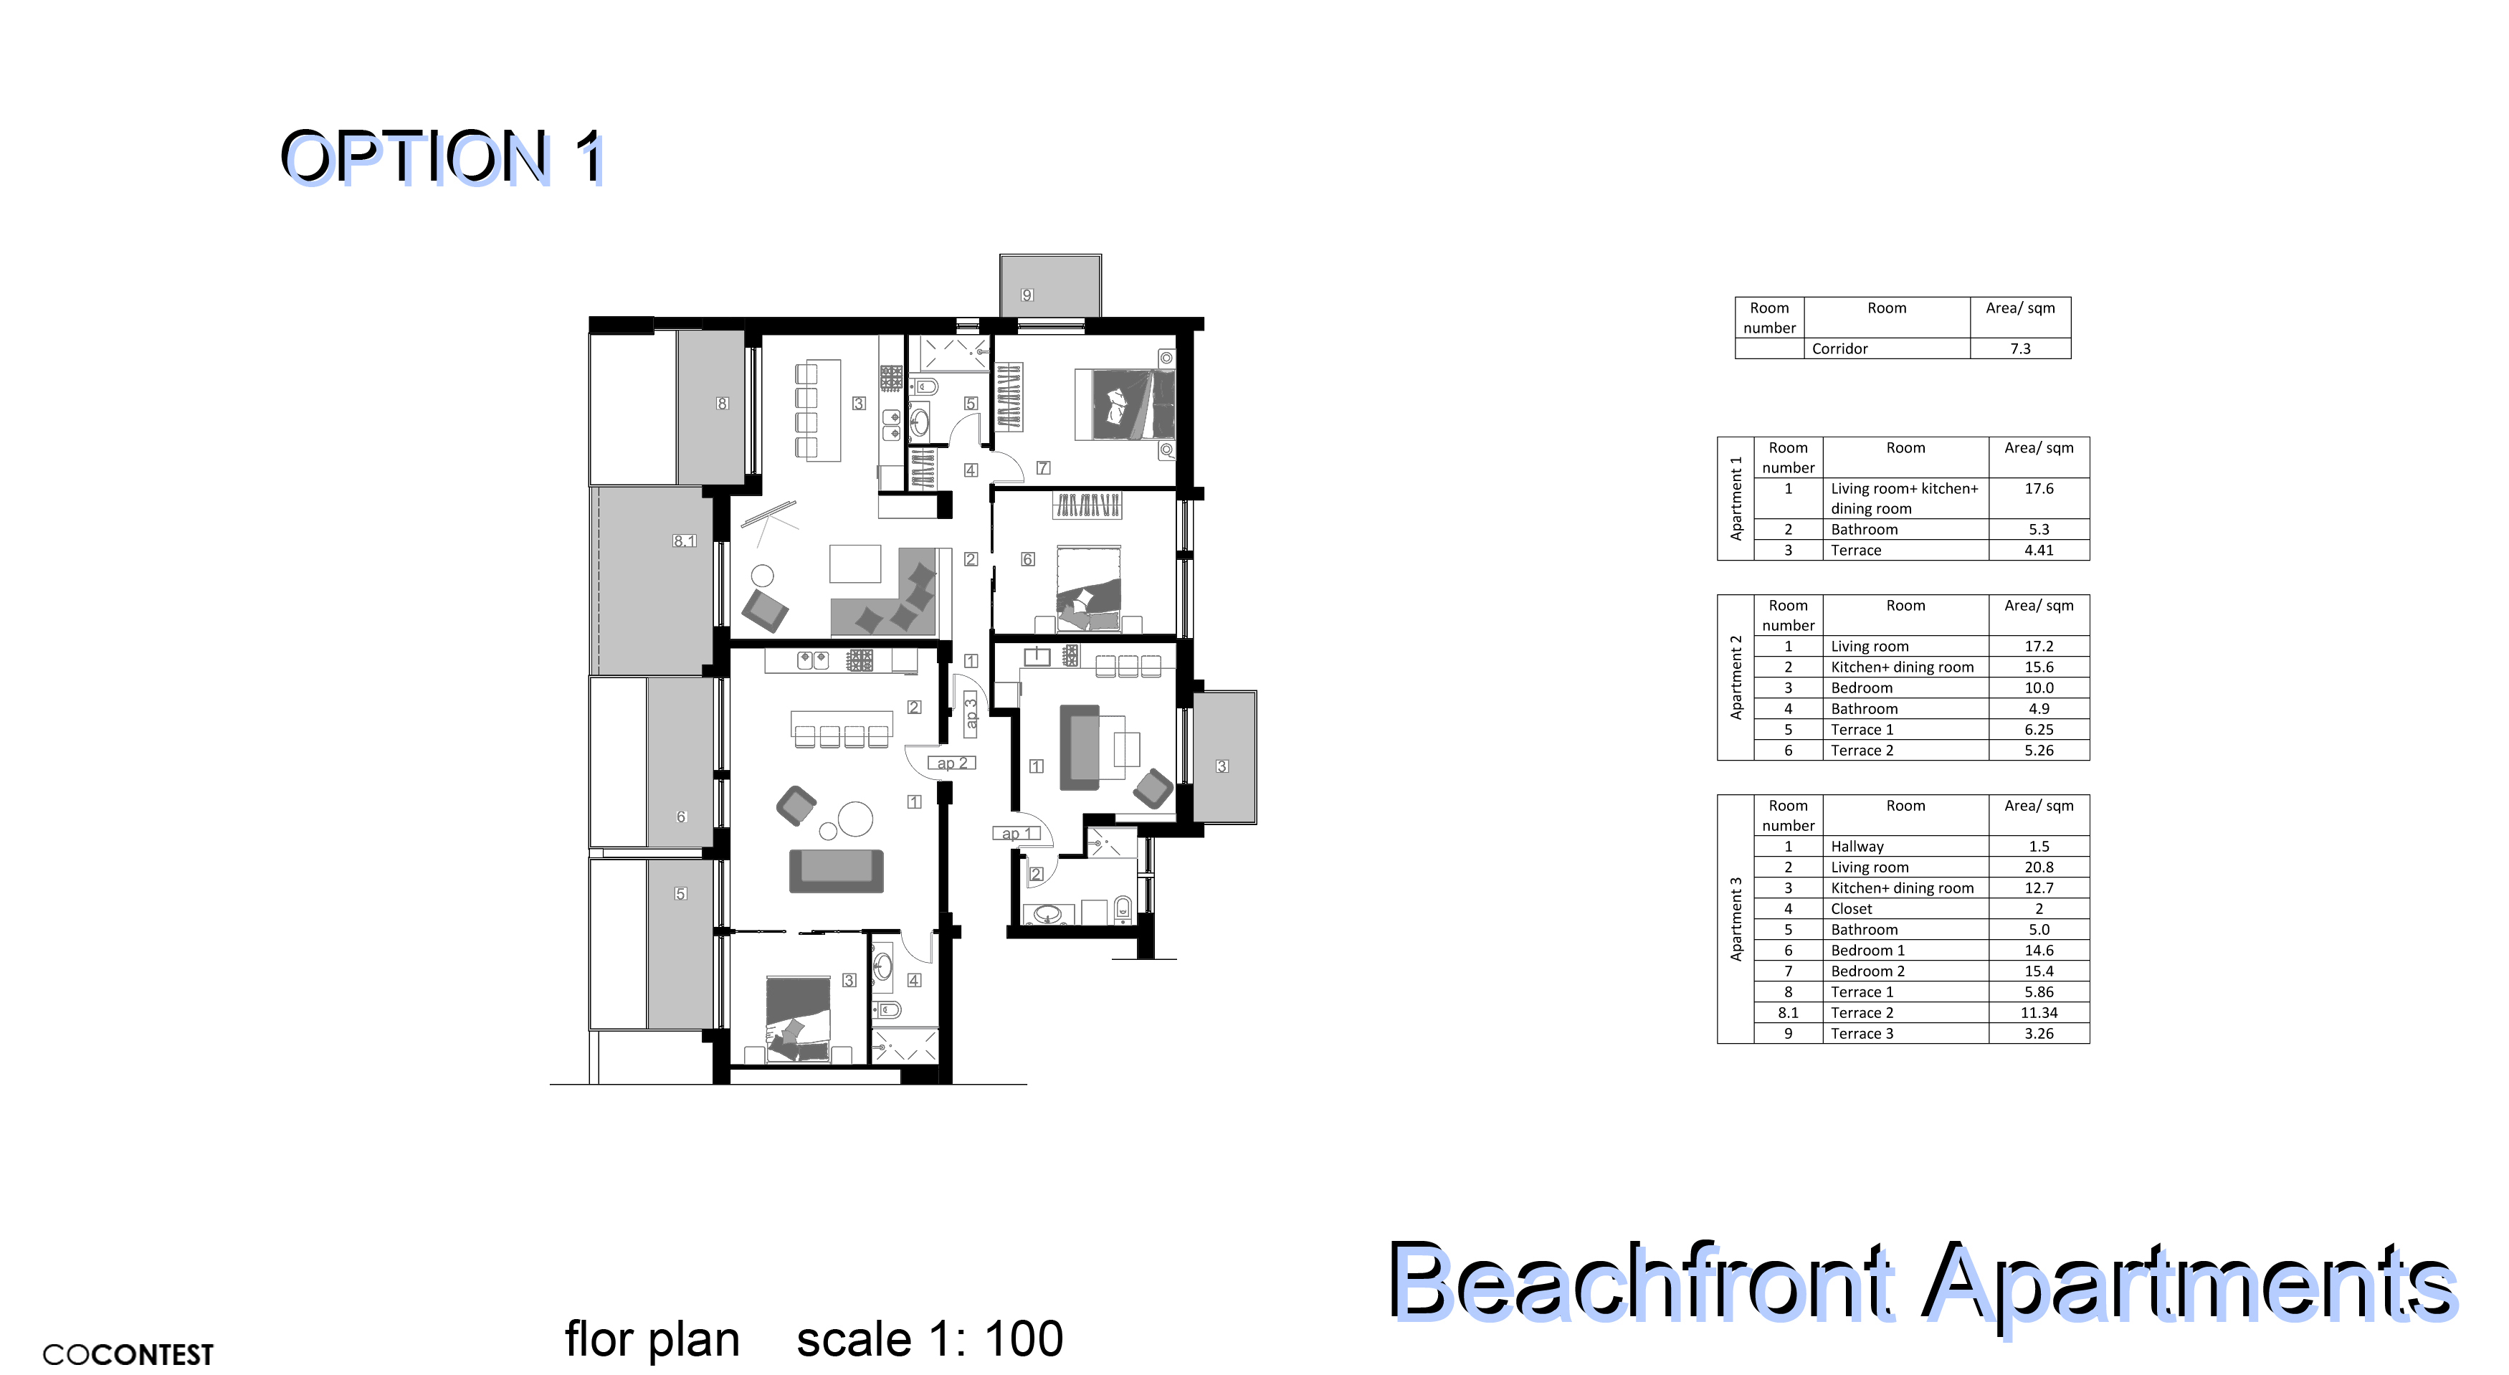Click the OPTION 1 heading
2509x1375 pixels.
443,157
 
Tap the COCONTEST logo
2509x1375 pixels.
128,1354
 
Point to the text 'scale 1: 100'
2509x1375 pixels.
930,1339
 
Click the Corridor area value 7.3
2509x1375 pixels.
2020,348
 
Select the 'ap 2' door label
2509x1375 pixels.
951,763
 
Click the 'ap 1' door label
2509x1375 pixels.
1017,834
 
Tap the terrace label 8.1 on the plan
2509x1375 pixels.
685,541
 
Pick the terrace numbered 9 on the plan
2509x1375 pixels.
1050,285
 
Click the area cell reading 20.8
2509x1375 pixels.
2039,867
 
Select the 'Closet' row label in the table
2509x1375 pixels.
1852,908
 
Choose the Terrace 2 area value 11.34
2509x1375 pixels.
2039,1013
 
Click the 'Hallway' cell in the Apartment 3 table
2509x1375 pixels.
1857,846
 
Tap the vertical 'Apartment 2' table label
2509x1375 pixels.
1736,677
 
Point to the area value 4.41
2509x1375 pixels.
2039,550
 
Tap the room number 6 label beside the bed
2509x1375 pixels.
1027,559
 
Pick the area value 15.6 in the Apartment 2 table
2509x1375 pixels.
2039,667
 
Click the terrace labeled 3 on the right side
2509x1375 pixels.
1224,758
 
